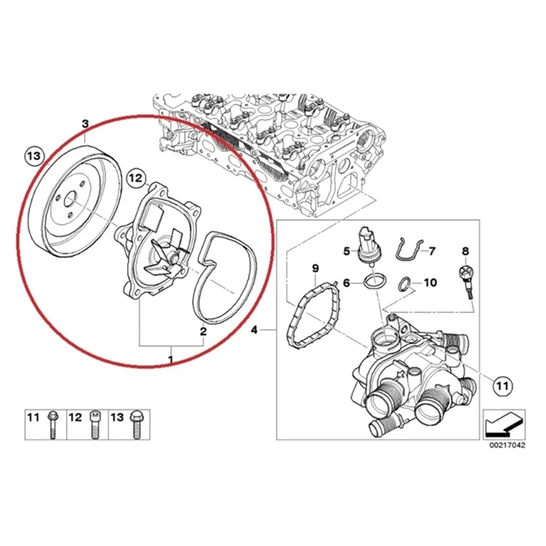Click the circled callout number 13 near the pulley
point(33,156)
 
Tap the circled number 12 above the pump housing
point(136,179)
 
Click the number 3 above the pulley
point(85,124)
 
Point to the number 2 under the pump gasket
point(203,332)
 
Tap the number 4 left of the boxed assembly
point(254,331)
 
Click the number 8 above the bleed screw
point(466,252)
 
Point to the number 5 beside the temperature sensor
point(346,252)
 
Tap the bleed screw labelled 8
point(466,278)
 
